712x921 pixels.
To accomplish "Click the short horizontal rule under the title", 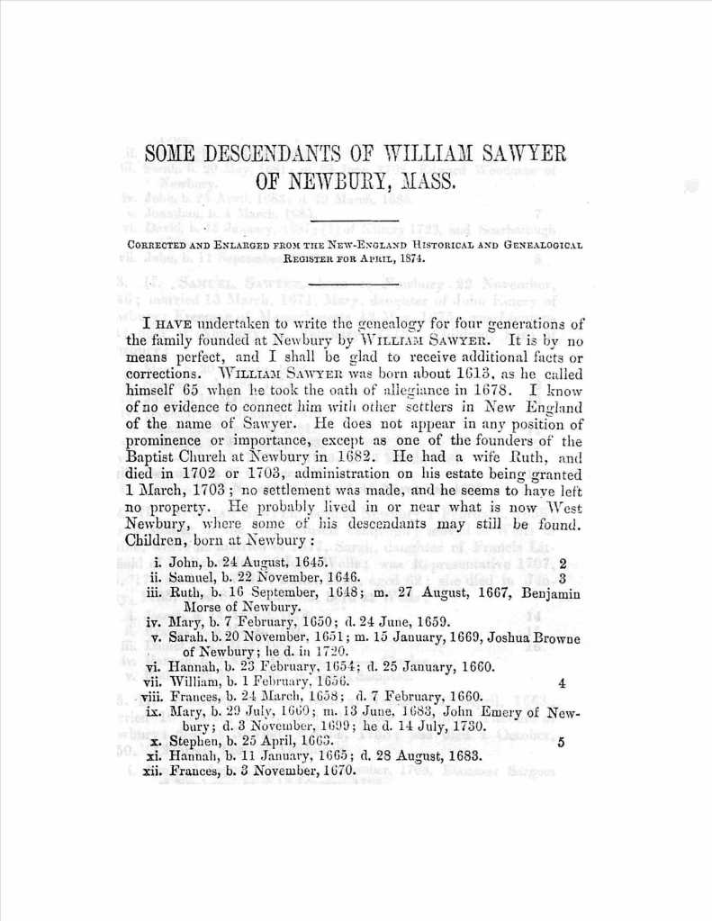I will (355, 220).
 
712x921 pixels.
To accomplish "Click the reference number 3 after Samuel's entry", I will (562, 579).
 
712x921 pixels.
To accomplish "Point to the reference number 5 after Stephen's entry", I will (562, 743).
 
